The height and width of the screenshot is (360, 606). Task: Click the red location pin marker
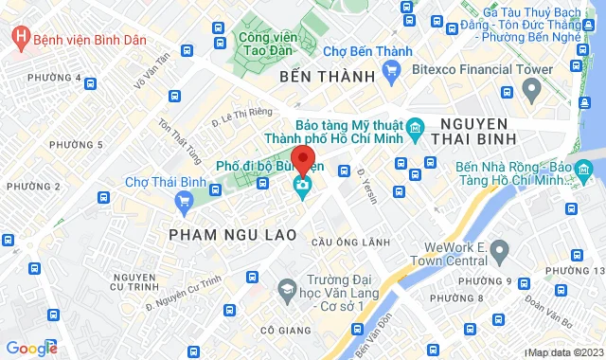[302, 159]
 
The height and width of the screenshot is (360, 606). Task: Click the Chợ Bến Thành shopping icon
[391, 70]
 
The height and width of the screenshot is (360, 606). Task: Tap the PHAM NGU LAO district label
[233, 232]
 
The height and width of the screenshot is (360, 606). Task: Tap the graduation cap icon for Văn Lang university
[285, 287]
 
